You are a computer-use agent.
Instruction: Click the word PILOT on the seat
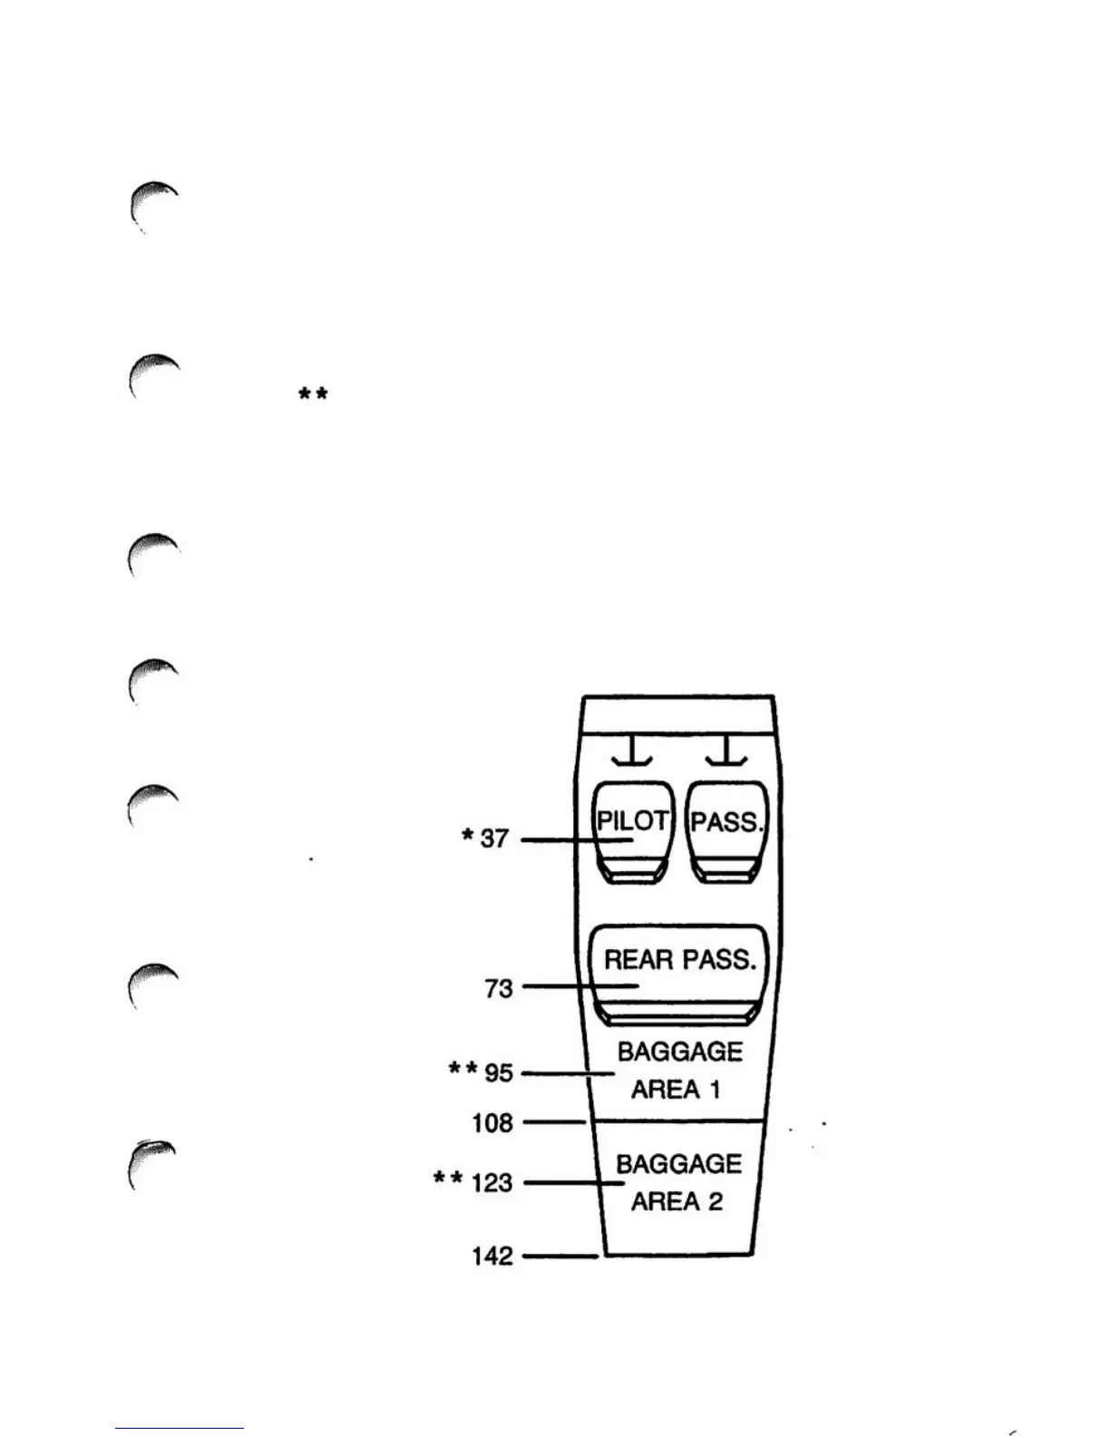pyautogui.click(x=632, y=820)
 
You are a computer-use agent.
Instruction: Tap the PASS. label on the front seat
pyautogui.click(x=727, y=822)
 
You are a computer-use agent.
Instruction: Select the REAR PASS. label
pyautogui.click(x=680, y=959)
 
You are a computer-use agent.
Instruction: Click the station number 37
pyautogui.click(x=494, y=839)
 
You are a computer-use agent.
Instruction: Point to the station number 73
pyautogui.click(x=499, y=988)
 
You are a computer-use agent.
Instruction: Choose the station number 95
pyautogui.click(x=499, y=1073)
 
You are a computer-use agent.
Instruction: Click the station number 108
pyautogui.click(x=492, y=1123)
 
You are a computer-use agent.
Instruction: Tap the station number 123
pyautogui.click(x=492, y=1183)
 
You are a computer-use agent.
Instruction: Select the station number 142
pyautogui.click(x=492, y=1256)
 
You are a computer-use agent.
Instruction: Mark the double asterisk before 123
pyautogui.click(x=448, y=1179)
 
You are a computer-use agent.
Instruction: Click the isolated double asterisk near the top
pyautogui.click(x=313, y=394)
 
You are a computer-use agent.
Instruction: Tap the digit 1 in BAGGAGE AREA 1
pyautogui.click(x=715, y=1090)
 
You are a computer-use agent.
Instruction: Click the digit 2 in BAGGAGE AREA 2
pyautogui.click(x=715, y=1202)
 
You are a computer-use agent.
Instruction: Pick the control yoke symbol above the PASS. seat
pyautogui.click(x=727, y=751)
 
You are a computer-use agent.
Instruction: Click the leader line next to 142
pyautogui.click(x=560, y=1256)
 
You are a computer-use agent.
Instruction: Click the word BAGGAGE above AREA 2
pyautogui.click(x=679, y=1164)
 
